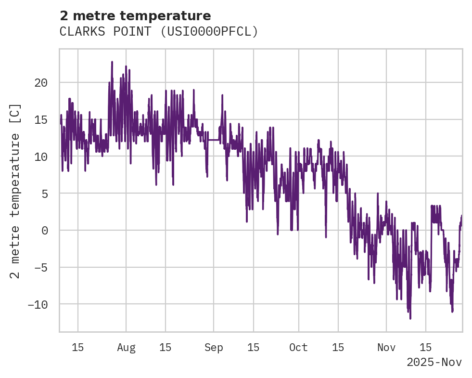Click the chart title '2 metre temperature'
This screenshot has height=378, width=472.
point(135,16)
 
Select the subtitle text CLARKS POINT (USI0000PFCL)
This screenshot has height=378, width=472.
point(159,32)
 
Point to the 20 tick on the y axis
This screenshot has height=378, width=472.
point(41,83)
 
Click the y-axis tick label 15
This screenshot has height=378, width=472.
point(41,119)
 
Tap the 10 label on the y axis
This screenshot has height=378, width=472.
point(41,156)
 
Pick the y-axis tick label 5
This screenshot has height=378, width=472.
point(44,194)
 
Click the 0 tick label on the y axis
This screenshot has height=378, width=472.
point(44,230)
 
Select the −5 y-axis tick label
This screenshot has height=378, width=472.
point(41,267)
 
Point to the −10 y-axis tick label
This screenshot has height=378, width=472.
point(38,304)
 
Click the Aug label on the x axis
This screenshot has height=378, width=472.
point(126,348)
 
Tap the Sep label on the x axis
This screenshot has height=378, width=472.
point(214,348)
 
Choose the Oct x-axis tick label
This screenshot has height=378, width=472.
point(298,348)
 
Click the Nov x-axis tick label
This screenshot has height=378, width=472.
point(386,348)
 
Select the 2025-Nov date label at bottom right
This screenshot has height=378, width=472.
point(434,362)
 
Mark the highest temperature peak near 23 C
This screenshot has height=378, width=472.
point(112,62)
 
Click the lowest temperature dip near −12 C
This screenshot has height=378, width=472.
point(410,318)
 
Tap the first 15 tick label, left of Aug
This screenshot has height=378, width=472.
point(78,348)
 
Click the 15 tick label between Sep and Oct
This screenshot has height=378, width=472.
point(254,348)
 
